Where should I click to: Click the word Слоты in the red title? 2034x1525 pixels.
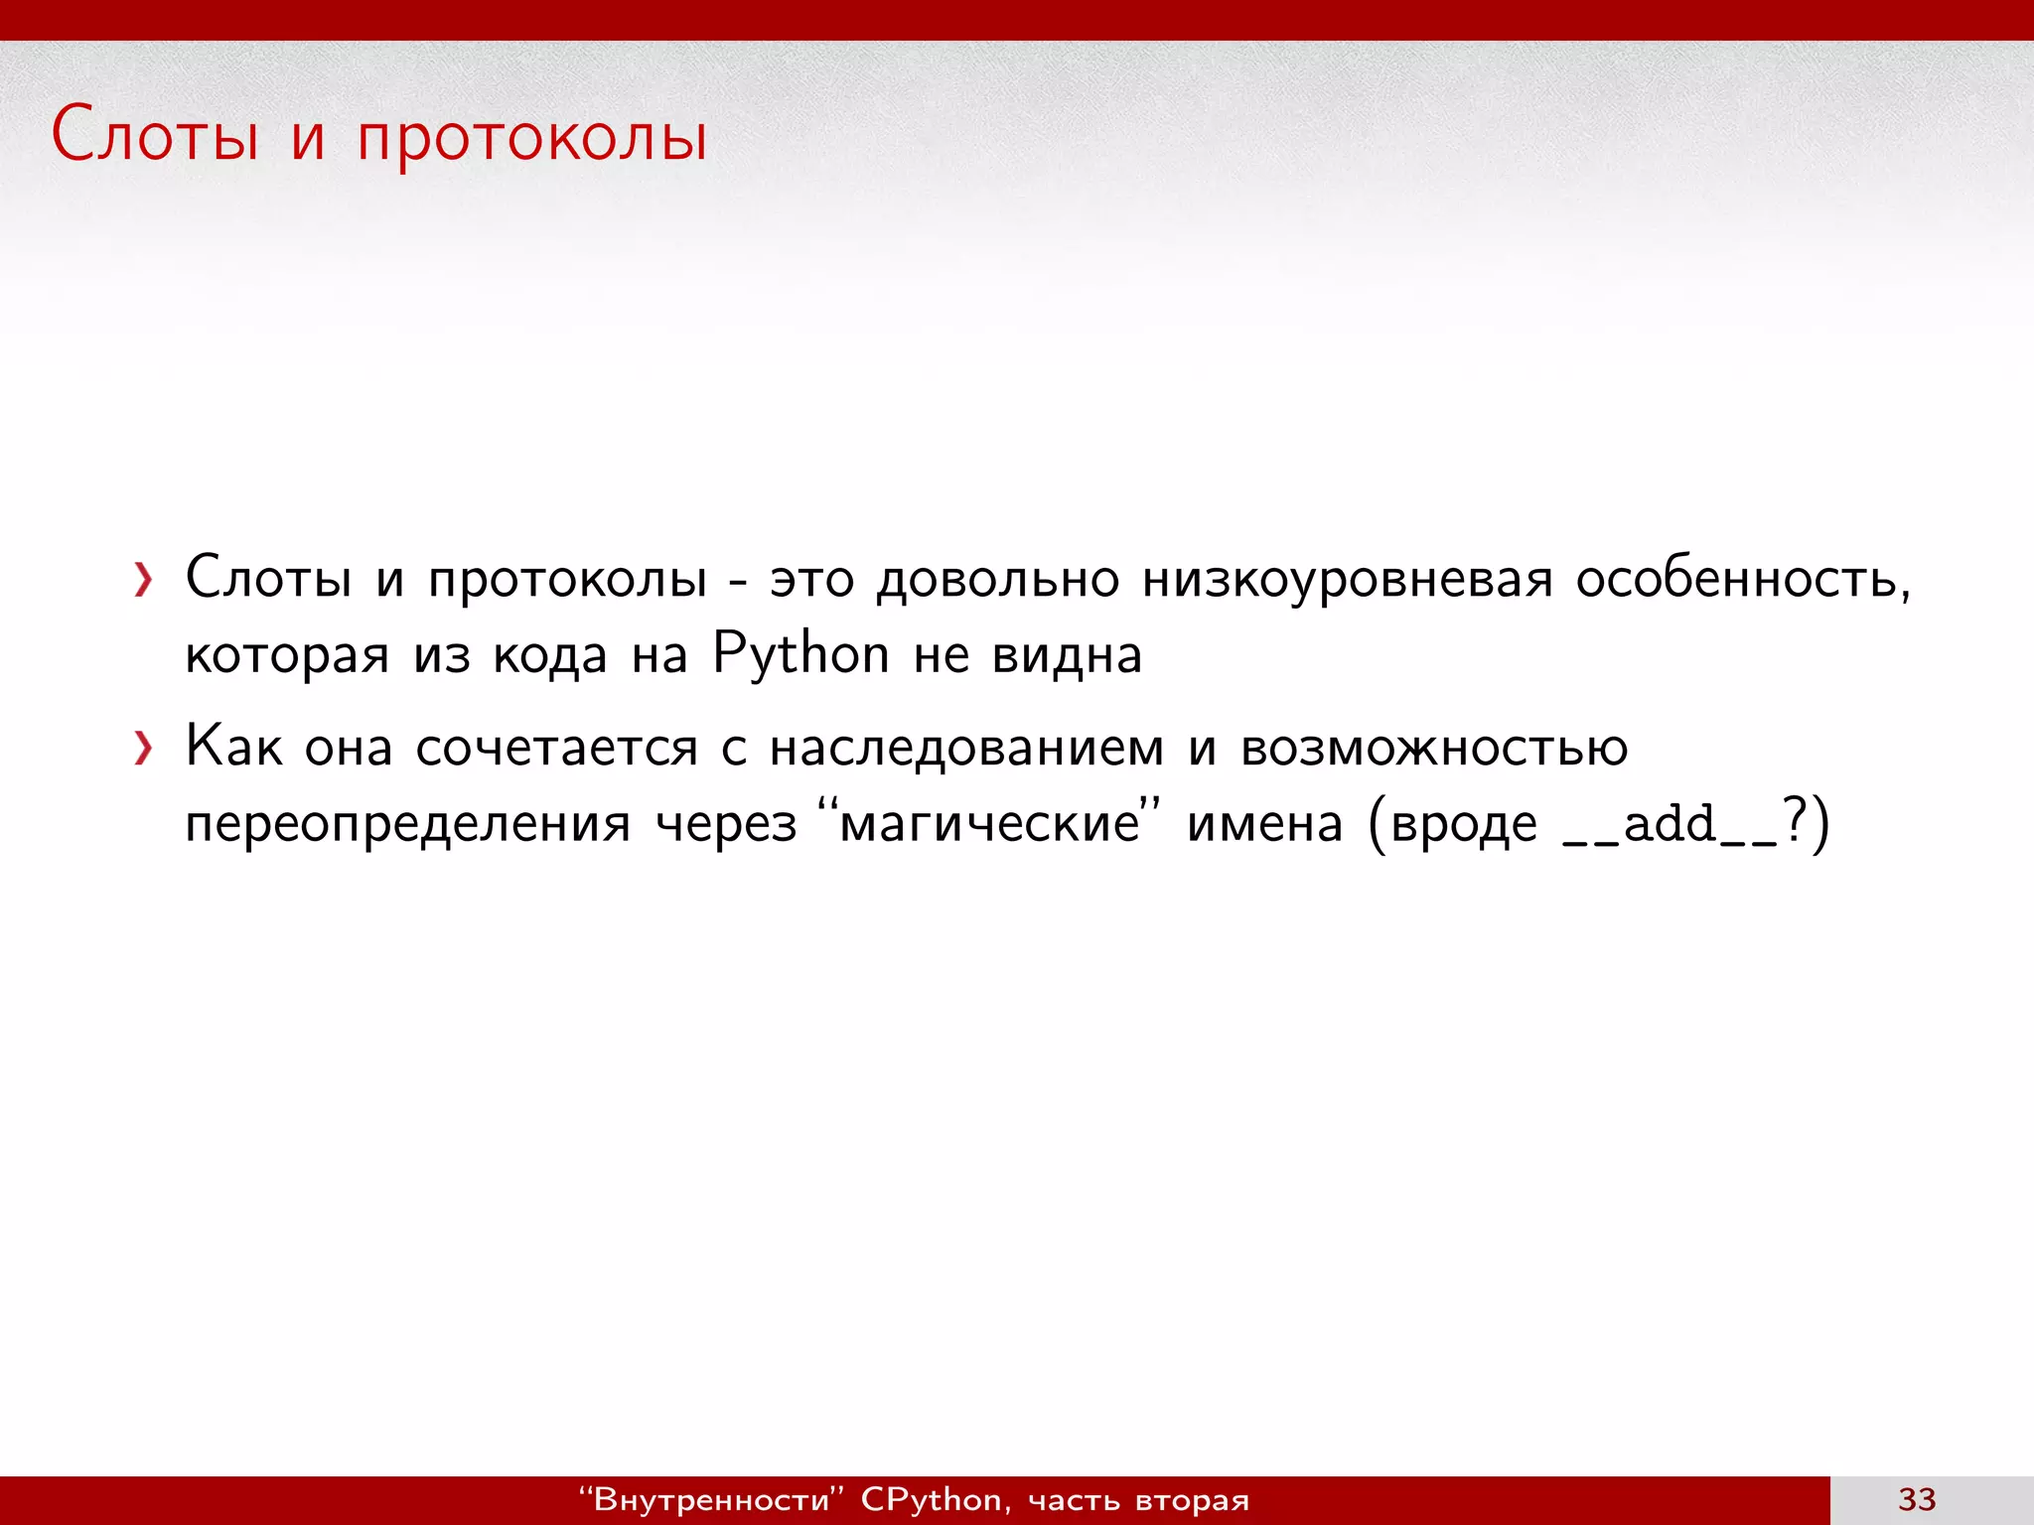[155, 135]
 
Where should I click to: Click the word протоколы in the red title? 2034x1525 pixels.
[532, 139]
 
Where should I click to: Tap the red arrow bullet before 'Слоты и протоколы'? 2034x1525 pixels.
[144, 580]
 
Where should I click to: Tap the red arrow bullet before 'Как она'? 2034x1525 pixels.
[144, 749]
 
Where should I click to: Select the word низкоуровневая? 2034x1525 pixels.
[1347, 580]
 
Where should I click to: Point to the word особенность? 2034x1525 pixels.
[1743, 580]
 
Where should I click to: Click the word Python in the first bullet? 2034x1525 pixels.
[800, 655]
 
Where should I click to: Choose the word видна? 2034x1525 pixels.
[1067, 655]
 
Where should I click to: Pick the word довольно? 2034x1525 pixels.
[998, 580]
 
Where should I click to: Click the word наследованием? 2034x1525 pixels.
[966, 749]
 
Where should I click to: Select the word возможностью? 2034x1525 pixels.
[1434, 749]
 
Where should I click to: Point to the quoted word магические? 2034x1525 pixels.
[989, 824]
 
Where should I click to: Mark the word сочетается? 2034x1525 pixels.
[556, 749]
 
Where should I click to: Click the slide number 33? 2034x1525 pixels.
[1917, 1499]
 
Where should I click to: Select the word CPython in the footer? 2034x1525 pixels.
[931, 1499]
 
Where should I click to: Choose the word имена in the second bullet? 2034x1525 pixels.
[1264, 824]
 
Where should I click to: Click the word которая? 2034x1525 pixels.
[287, 655]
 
